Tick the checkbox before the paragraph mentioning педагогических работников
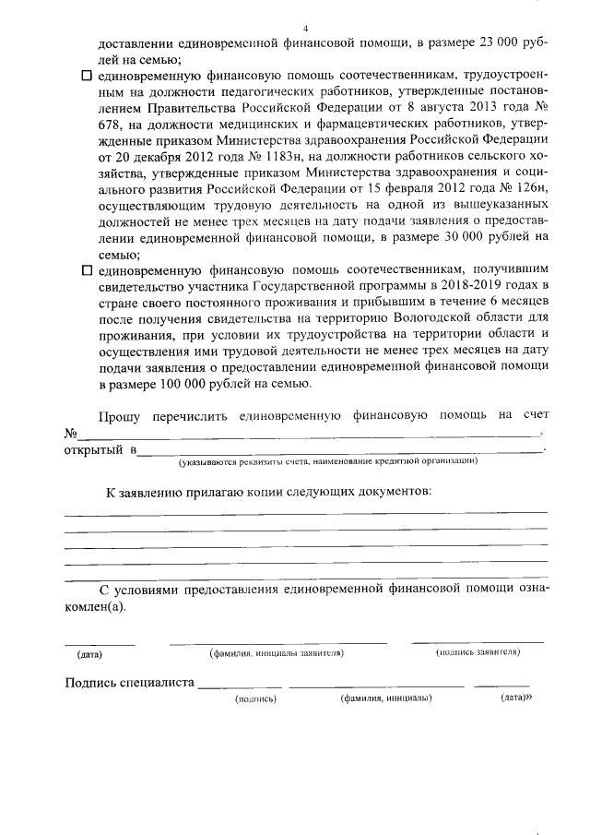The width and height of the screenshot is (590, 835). [88, 75]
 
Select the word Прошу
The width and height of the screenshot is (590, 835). [120, 417]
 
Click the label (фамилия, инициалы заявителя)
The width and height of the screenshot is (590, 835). [277, 652]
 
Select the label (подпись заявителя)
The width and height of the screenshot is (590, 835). [478, 652]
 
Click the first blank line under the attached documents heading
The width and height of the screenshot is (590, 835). [304, 512]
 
